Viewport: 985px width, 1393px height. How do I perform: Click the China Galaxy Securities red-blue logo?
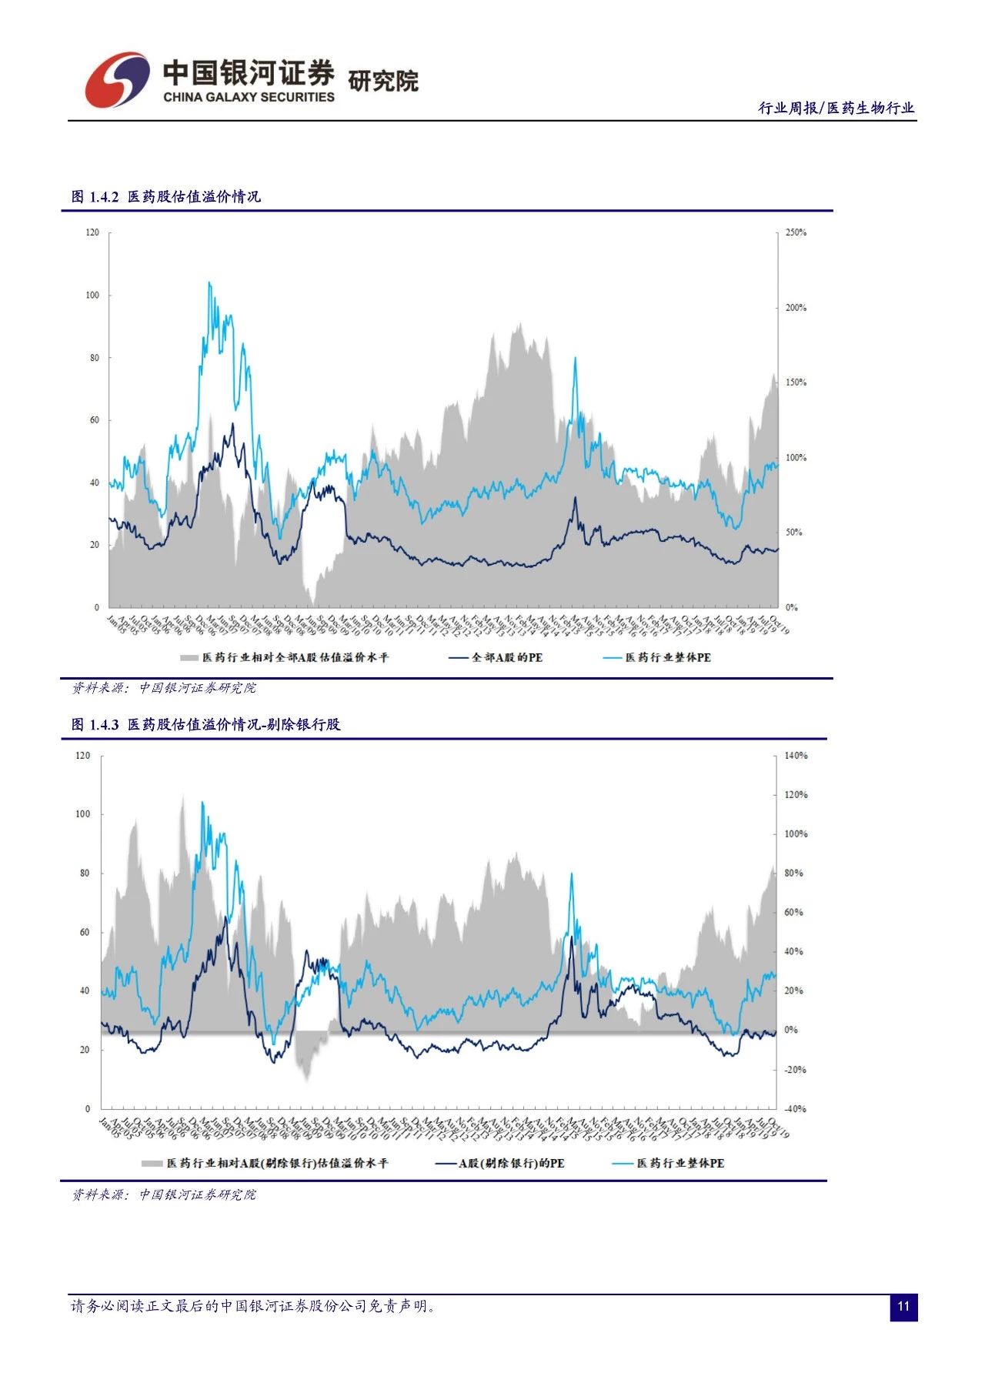[x=117, y=79]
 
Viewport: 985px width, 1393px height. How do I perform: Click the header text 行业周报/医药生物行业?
[x=836, y=109]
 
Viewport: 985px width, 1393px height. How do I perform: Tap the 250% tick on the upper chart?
[x=796, y=232]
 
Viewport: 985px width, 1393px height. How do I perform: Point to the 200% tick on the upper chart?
[x=796, y=308]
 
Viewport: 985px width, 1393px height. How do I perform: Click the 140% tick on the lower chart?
[x=796, y=756]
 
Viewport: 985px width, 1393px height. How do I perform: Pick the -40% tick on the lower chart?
[x=796, y=1109]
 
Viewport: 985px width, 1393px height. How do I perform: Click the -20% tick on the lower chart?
[x=796, y=1070]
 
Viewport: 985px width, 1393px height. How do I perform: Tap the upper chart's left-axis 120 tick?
[x=92, y=232]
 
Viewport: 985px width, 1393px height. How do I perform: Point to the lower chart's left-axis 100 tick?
[x=83, y=814]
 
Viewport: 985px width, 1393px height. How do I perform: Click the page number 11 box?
[x=903, y=1307]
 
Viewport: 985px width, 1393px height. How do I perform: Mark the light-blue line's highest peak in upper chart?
[x=209, y=283]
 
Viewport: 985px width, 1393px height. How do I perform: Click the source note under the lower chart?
[x=164, y=1194]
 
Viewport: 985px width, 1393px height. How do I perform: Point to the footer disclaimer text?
[x=254, y=1306]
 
